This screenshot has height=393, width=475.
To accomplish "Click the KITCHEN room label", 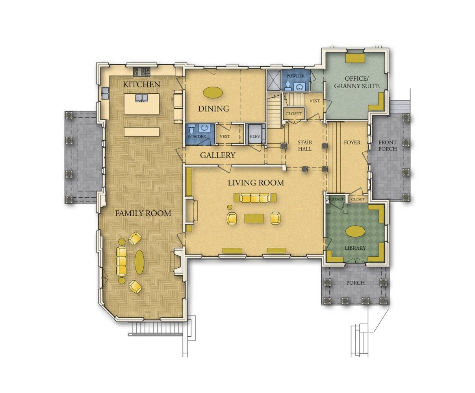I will pyautogui.click(x=141, y=84).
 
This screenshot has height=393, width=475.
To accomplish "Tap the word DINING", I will pyautogui.click(x=213, y=109).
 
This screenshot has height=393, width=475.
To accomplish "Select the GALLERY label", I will pyautogui.click(x=217, y=155).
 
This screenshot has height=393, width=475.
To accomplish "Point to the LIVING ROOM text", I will pyautogui.click(x=256, y=183).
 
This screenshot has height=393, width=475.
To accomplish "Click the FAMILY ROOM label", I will pyautogui.click(x=143, y=213).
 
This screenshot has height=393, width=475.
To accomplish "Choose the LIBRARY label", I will pyautogui.click(x=355, y=248).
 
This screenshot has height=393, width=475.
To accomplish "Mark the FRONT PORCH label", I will pyautogui.click(x=388, y=146).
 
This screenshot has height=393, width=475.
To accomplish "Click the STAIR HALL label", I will pyautogui.click(x=304, y=146).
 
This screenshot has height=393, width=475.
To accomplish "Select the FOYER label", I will pyautogui.click(x=352, y=142).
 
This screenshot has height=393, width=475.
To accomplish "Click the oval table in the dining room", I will pyautogui.click(x=212, y=93).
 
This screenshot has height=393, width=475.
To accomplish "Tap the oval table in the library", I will pyautogui.click(x=354, y=231).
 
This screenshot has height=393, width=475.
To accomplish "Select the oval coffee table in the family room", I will pyautogui.click(x=139, y=262).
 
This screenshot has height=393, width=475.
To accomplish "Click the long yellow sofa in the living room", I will pyautogui.click(x=254, y=197).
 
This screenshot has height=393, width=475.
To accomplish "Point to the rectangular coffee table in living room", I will pyautogui.click(x=254, y=218).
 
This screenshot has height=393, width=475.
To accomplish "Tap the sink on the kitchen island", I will pyautogui.click(x=141, y=97).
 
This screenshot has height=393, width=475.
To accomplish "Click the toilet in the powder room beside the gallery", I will pyautogui.click(x=191, y=130).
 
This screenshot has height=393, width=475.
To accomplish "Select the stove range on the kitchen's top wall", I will pyautogui.click(x=141, y=71).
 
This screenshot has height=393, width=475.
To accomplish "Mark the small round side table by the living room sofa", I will pyautogui.click(x=229, y=207).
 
